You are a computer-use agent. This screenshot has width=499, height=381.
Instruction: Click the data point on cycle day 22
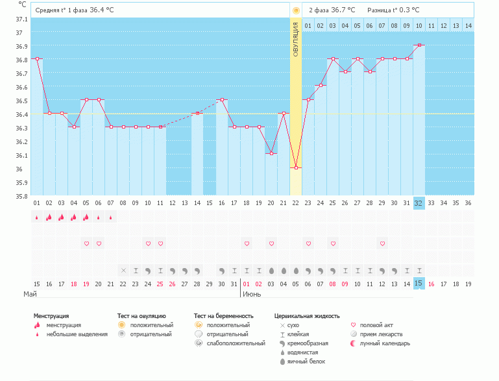click(296, 167)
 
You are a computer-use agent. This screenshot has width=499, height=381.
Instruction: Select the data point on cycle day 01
click(37, 58)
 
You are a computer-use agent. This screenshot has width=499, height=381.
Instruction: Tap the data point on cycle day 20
click(271, 153)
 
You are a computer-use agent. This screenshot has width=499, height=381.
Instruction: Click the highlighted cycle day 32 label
click(419, 203)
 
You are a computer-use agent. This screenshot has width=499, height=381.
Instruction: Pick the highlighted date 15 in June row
click(419, 284)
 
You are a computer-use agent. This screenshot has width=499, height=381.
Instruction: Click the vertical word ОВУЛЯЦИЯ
click(296, 39)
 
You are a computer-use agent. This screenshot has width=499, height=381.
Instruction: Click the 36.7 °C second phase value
click(343, 10)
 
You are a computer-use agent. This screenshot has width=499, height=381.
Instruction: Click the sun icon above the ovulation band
click(296, 10)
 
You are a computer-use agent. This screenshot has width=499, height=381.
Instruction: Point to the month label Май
click(30, 294)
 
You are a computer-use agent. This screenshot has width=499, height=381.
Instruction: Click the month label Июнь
click(252, 294)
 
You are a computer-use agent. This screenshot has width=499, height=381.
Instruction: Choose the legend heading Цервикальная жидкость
click(307, 316)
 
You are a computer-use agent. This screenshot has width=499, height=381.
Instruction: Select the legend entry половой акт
click(377, 325)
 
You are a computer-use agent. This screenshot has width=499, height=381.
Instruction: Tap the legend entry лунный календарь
click(385, 343)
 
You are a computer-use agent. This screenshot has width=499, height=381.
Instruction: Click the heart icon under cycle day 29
click(382, 243)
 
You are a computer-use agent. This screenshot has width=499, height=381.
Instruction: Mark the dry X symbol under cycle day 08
click(123, 270)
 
